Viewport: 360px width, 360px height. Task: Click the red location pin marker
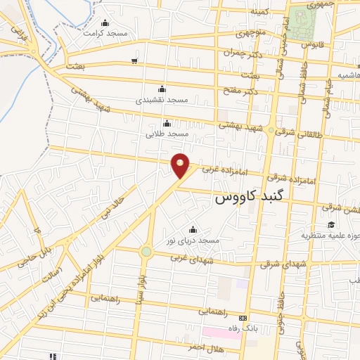(181, 165)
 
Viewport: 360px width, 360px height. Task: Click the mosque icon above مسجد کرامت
(105, 22)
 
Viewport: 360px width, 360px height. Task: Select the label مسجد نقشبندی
(162, 100)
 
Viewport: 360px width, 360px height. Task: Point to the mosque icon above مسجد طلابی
(167, 123)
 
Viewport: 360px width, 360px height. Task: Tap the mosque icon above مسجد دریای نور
(193, 229)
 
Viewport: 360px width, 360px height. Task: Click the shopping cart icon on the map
(134, 61)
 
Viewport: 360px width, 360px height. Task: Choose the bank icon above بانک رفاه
(243, 318)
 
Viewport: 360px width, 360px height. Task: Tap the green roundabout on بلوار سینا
(146, 251)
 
